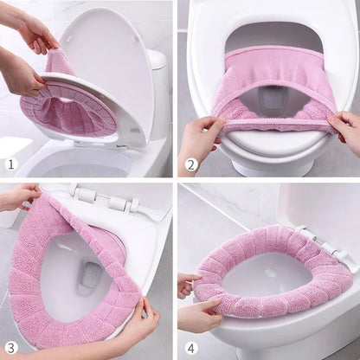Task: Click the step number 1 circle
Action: click(11, 164)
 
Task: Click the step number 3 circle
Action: click(11, 348)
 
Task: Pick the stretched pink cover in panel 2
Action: click(268, 87)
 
